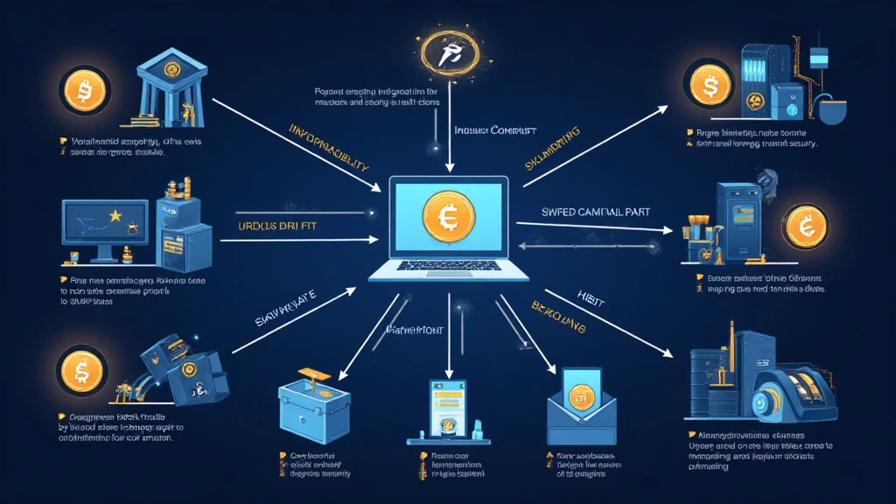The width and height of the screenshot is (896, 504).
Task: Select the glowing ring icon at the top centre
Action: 446,55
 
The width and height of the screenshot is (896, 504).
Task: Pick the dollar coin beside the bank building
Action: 83,89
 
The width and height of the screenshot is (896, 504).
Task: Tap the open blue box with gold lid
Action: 312,398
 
